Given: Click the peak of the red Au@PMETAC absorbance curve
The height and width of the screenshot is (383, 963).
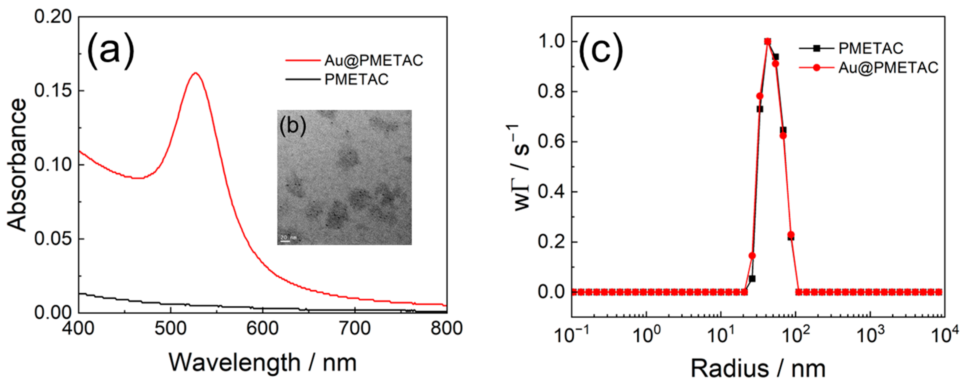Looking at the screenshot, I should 196,73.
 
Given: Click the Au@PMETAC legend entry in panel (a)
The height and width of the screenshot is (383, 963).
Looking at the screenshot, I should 373,61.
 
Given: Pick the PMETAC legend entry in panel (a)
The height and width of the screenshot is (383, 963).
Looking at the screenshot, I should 356,79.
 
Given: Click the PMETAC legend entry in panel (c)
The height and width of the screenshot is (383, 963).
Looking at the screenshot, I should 871,48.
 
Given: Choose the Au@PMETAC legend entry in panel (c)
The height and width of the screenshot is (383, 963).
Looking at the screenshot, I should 888,68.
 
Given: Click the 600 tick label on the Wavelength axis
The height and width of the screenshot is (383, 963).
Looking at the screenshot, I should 262,328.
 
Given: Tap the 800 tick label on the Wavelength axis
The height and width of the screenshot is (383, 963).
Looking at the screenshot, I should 446,328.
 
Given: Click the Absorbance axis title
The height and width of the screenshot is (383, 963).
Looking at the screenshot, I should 17,165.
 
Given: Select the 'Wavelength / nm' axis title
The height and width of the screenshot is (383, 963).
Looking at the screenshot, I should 262,362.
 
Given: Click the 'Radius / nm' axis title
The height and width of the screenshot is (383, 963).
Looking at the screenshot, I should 758,369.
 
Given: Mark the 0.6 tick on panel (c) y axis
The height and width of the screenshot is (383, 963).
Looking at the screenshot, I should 551,142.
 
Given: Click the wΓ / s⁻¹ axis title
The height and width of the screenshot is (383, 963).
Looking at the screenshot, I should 522,168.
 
